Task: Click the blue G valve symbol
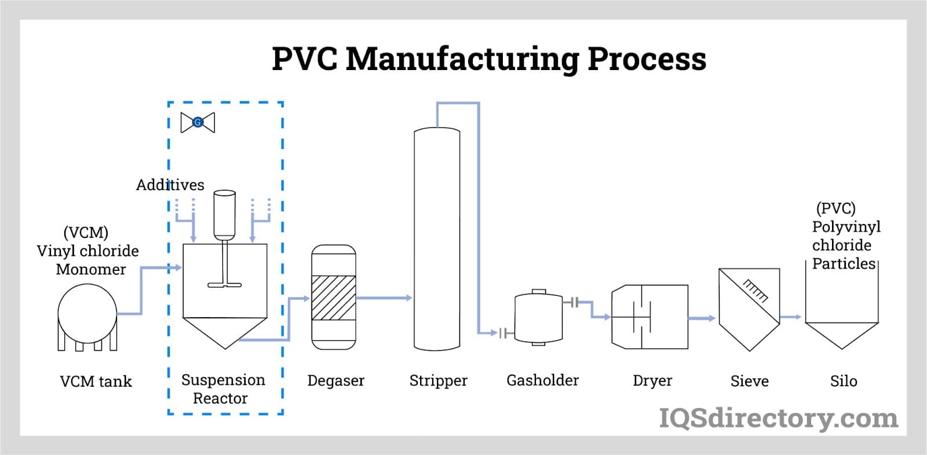pyautogui.click(x=198, y=122)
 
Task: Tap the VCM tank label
pyautogui.click(x=96, y=381)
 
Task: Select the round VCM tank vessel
pyautogui.click(x=87, y=314)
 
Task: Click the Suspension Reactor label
pyautogui.click(x=222, y=389)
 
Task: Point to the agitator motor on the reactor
pyautogui.click(x=224, y=214)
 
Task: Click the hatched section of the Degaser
pyautogui.click(x=334, y=298)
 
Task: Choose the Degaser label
pyautogui.click(x=335, y=381)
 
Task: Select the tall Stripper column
pyautogui.click(x=437, y=238)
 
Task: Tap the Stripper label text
pyautogui.click(x=438, y=381)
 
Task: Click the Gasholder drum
pyautogui.click(x=538, y=318)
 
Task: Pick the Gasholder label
pyautogui.click(x=542, y=380)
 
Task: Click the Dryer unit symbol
pyautogui.click(x=650, y=317)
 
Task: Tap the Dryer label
pyautogui.click(x=652, y=381)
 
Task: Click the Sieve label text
pyautogui.click(x=749, y=381)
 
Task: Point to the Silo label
pyautogui.click(x=843, y=381)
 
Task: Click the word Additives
pyautogui.click(x=170, y=185)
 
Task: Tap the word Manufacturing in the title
pyautogui.click(x=462, y=60)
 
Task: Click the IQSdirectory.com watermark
pyautogui.click(x=778, y=418)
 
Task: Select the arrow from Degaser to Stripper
pyautogui.click(x=384, y=298)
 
